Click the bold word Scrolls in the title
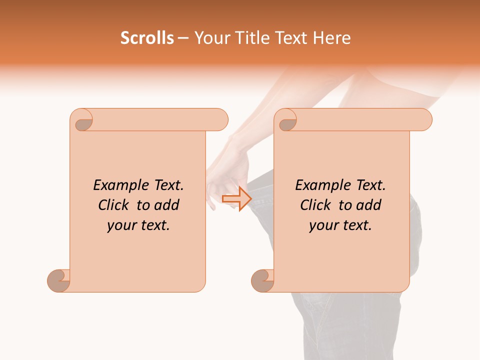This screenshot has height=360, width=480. pos(147,38)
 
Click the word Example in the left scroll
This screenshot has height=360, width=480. pos(120,185)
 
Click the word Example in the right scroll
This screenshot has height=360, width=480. pos(322,185)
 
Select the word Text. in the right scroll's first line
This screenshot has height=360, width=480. pos(371,185)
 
